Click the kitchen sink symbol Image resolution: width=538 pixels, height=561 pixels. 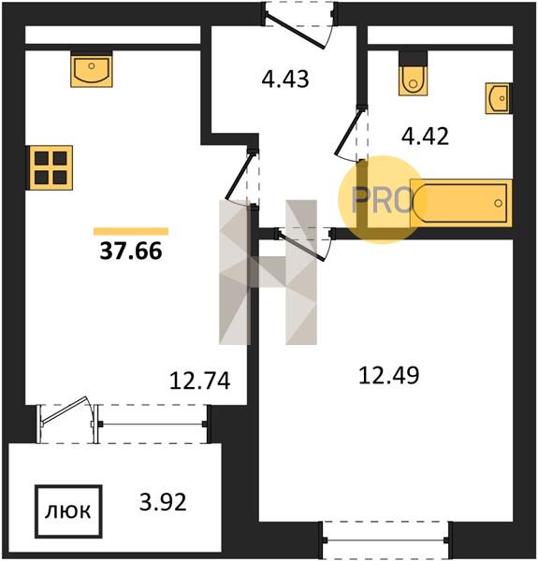point(92,69)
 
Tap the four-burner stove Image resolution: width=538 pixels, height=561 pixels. point(51,167)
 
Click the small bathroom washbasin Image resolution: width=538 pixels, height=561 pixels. point(499,98)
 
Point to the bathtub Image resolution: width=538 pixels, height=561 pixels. point(461,203)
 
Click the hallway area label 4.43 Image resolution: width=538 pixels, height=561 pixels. point(285,79)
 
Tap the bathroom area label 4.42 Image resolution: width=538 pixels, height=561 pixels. point(425,137)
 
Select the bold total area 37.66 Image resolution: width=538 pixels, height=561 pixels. point(131,251)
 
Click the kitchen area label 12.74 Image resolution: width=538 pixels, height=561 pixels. point(199,381)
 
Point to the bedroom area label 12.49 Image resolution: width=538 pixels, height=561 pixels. point(388,375)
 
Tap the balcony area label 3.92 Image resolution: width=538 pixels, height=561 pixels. point(163,502)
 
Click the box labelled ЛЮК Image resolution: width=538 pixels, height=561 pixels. point(68,511)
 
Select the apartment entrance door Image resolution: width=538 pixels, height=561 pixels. point(296,31)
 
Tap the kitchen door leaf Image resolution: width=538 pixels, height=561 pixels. point(239,175)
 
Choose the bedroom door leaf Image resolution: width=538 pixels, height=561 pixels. point(302,247)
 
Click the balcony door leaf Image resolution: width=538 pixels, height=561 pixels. point(65,410)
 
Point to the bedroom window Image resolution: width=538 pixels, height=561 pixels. point(385,539)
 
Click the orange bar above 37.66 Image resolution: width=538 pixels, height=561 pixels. point(131,232)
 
